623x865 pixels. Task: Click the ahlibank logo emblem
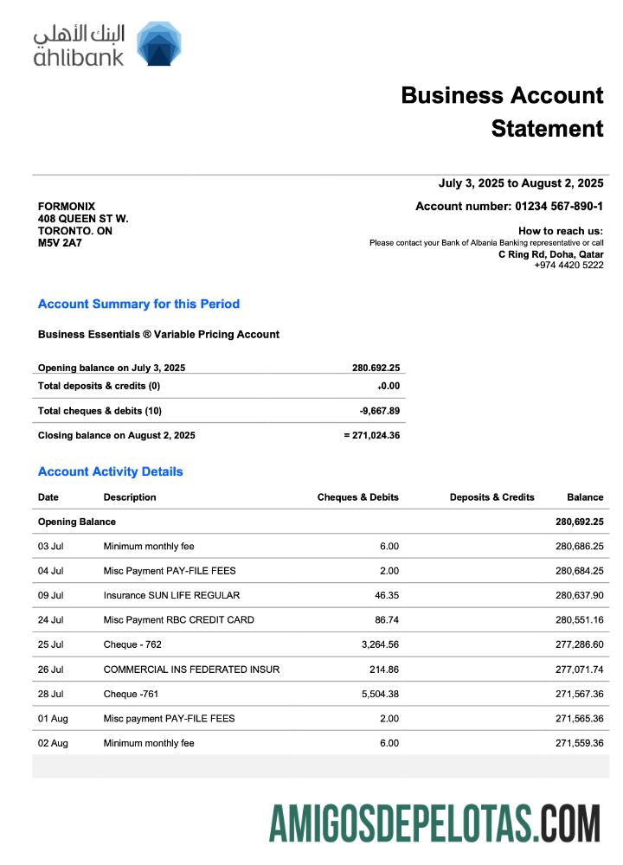click(x=158, y=43)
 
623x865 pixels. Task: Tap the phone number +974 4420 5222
click(x=568, y=265)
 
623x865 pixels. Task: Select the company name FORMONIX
click(x=67, y=207)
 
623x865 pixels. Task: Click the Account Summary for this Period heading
click(x=138, y=304)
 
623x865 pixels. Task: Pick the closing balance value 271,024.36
click(x=376, y=435)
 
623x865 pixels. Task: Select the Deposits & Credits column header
click(x=491, y=497)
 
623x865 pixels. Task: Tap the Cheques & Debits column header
click(x=357, y=497)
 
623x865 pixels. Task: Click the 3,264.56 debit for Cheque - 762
click(x=378, y=644)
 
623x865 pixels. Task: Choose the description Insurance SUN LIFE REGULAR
click(x=171, y=595)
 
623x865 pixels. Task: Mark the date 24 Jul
click(x=50, y=620)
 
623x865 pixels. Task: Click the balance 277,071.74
click(x=579, y=670)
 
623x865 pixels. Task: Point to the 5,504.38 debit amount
click(x=378, y=694)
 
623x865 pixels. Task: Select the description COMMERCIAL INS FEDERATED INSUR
click(x=191, y=670)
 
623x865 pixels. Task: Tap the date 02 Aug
click(x=52, y=743)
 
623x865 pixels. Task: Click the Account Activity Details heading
click(x=110, y=471)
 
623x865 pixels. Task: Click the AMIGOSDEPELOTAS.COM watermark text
click(x=434, y=823)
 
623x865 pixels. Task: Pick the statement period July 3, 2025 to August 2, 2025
click(x=521, y=183)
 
